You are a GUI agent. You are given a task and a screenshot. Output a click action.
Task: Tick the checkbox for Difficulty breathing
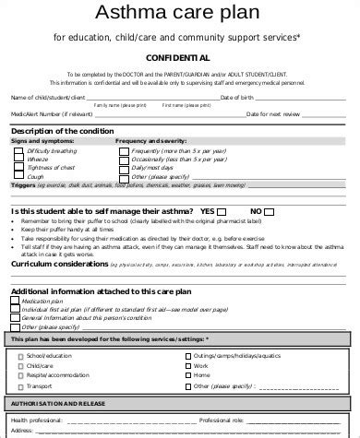tap(18, 148)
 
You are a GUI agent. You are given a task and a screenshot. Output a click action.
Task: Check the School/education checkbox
tap(18, 355)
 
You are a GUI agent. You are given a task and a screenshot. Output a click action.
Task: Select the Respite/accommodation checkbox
tap(18, 375)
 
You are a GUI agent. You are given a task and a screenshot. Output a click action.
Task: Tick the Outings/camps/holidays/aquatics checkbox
tap(187, 355)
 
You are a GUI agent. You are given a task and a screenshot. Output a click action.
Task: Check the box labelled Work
tap(187, 365)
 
